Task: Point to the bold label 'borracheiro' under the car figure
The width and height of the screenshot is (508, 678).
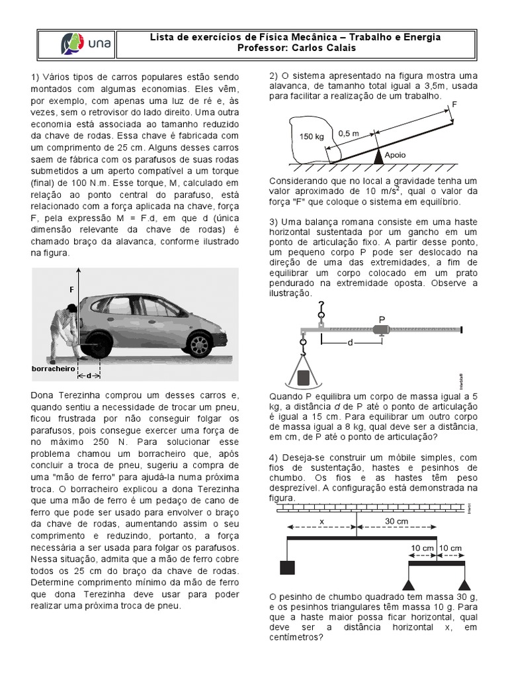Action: coord(53,368)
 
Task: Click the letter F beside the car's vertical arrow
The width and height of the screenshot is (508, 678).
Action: coord(73,290)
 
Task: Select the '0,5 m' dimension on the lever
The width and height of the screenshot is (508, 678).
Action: coord(348,133)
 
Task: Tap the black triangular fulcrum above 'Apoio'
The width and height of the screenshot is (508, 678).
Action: coord(378,156)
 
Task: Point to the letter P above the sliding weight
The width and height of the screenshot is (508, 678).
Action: coord(382,318)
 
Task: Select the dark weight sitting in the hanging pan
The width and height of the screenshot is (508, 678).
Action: coord(304,378)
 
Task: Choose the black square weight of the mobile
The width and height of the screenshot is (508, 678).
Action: coord(287,567)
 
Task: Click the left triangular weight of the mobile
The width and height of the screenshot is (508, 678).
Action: coord(409,583)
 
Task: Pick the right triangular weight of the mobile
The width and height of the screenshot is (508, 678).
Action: coord(465,583)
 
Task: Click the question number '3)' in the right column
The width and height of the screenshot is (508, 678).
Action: coord(274,221)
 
